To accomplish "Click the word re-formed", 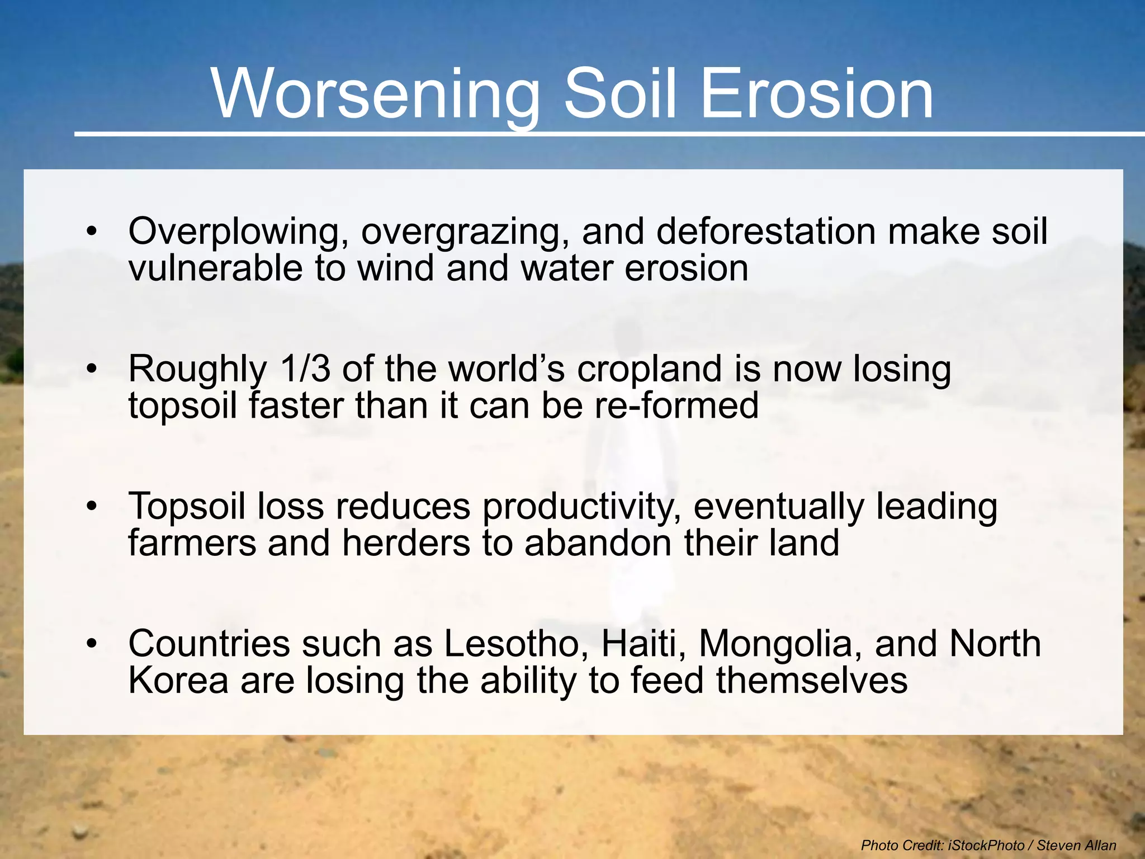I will [x=676, y=405].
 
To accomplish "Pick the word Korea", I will [x=178, y=681].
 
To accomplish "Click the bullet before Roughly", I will [x=92, y=369].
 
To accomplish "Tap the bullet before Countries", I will [x=92, y=644].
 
